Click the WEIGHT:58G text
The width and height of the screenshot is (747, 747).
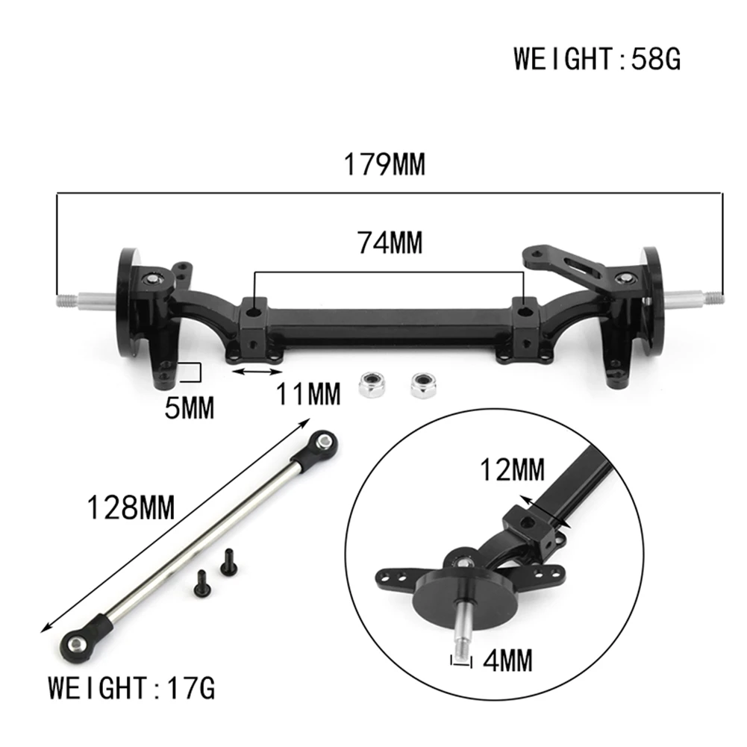[x=597, y=58]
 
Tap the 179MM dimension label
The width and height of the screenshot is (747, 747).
[x=384, y=164]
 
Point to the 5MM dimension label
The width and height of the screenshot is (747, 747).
[x=189, y=407]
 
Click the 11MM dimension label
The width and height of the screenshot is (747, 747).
[x=307, y=393]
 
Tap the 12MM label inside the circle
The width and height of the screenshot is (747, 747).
[x=513, y=470]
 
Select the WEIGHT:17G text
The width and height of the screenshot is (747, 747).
[x=132, y=687]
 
